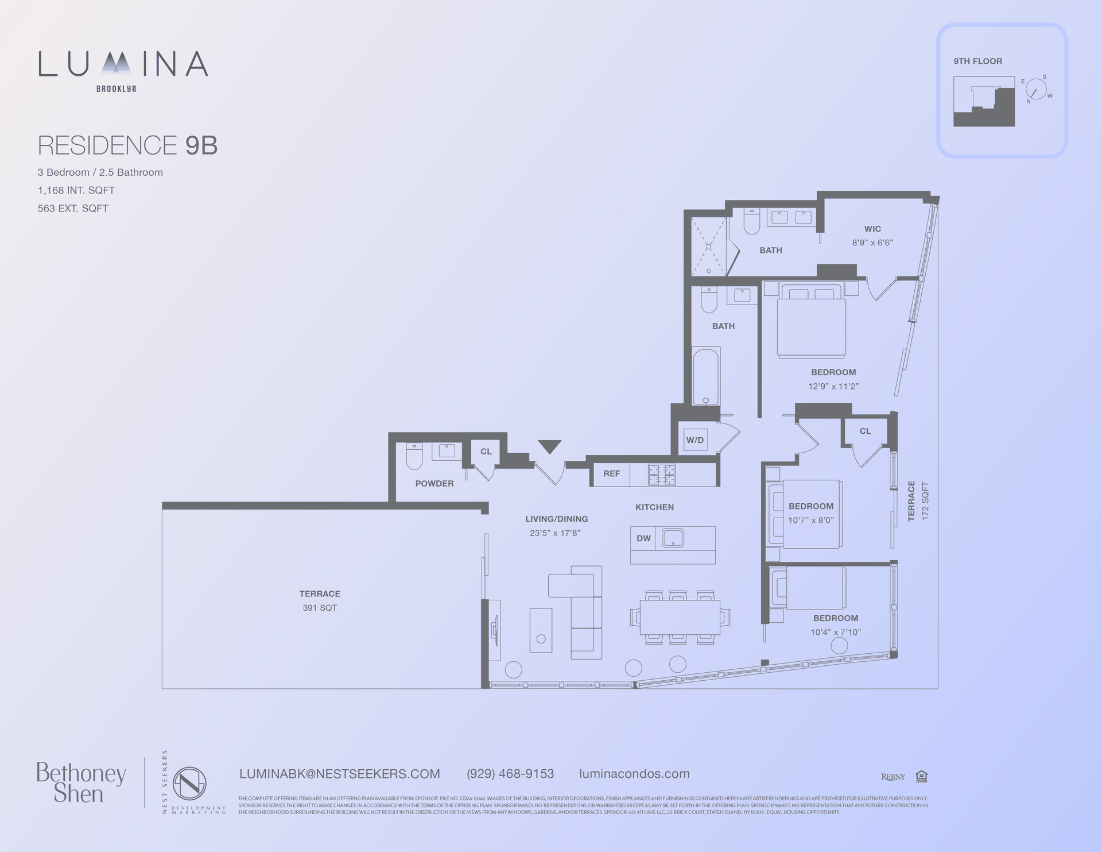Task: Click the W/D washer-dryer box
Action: (x=695, y=440)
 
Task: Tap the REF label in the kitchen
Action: (x=611, y=473)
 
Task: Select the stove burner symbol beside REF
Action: (x=662, y=475)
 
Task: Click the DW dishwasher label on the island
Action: (x=643, y=538)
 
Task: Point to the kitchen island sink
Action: (x=673, y=538)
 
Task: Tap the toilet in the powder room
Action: (x=414, y=456)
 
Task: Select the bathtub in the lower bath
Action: (x=706, y=376)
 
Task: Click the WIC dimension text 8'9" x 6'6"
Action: (x=872, y=243)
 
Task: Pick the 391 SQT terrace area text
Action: (x=320, y=608)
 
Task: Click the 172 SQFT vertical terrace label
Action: (x=925, y=501)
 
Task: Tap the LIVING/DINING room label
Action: (x=556, y=519)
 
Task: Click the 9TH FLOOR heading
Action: (x=977, y=61)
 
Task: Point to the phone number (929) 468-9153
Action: (x=510, y=774)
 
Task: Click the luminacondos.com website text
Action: (x=634, y=774)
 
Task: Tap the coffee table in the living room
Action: (x=541, y=630)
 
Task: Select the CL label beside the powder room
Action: (x=486, y=452)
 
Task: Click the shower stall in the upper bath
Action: (x=708, y=246)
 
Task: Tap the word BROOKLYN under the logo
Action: (x=116, y=89)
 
